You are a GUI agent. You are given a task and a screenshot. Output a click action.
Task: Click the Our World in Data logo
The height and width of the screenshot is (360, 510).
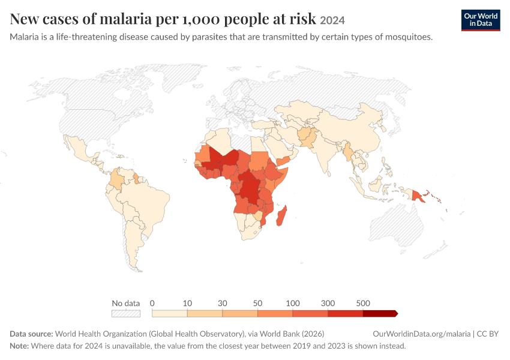pyautogui.click(x=481, y=20)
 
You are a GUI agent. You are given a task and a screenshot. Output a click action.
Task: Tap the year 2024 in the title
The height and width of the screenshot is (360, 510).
pyautogui.click(x=332, y=20)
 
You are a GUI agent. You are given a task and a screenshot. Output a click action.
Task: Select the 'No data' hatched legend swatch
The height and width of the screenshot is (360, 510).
pyautogui.click(x=126, y=313)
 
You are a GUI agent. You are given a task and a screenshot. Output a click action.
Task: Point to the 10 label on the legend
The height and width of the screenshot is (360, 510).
pyautogui.click(x=187, y=303)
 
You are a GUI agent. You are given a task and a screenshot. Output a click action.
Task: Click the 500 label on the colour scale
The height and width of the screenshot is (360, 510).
pyautogui.click(x=363, y=303)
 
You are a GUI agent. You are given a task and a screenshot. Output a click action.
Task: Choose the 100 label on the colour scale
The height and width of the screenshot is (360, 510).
pyautogui.click(x=292, y=303)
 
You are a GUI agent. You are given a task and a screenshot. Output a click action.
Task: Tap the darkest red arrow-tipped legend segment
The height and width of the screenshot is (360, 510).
pyautogui.click(x=380, y=313)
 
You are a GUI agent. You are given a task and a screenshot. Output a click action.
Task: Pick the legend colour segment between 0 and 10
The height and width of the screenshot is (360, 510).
pyautogui.click(x=169, y=313)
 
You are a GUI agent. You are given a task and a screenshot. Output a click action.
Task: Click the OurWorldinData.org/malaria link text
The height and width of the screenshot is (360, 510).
pyautogui.click(x=422, y=334)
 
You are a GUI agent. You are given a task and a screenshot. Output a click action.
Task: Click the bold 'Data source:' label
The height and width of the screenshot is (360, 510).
pyautogui.click(x=31, y=334)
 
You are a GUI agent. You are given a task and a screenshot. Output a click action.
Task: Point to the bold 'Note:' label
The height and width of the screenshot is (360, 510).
pyautogui.click(x=19, y=346)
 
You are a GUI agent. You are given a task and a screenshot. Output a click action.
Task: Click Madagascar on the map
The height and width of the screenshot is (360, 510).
pyautogui.click(x=281, y=216)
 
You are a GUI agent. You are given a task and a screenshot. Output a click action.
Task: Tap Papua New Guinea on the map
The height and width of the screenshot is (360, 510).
pyautogui.click(x=418, y=196)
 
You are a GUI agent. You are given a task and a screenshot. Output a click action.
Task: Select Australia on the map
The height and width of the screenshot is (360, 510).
pyautogui.click(x=397, y=226)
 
